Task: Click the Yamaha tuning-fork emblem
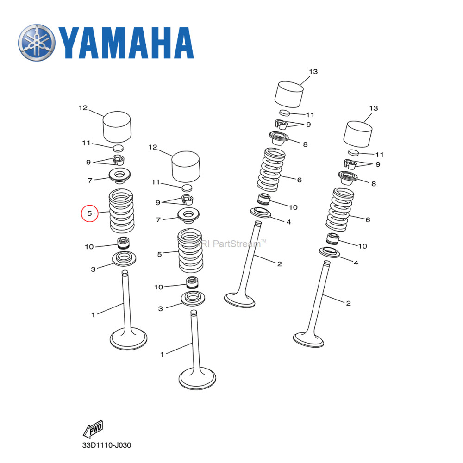[x=37, y=43]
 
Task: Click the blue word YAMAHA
[x=125, y=43]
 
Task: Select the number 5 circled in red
[x=89, y=213]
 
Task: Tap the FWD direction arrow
[x=93, y=429]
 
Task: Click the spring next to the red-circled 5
[x=121, y=211]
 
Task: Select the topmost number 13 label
[x=313, y=71]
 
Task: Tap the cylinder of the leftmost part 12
[x=116, y=127]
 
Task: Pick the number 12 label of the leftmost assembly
[x=83, y=108]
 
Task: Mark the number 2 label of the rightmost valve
[x=348, y=303]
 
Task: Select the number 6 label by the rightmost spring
[x=368, y=219]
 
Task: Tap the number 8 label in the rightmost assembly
[x=373, y=184]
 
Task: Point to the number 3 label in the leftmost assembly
[x=93, y=269]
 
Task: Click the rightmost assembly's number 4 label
[x=356, y=263]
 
